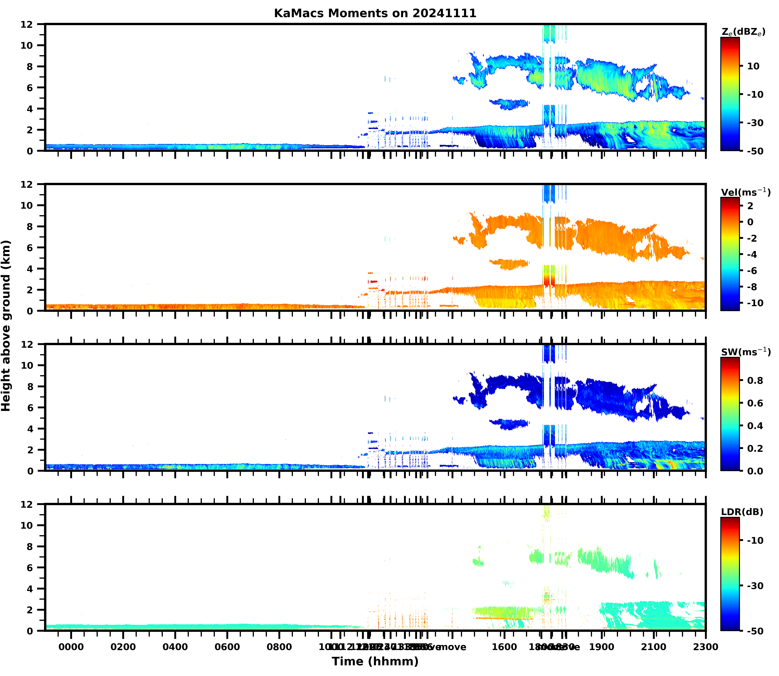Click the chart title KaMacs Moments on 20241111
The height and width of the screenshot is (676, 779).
click(375, 13)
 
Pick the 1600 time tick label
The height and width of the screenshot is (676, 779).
click(504, 647)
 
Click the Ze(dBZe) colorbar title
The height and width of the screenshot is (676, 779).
click(743, 32)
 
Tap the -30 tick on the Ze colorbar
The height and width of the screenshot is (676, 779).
click(755, 123)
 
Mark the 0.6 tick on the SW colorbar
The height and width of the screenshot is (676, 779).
click(755, 403)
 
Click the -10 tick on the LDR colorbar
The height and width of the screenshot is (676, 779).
click(755, 540)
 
